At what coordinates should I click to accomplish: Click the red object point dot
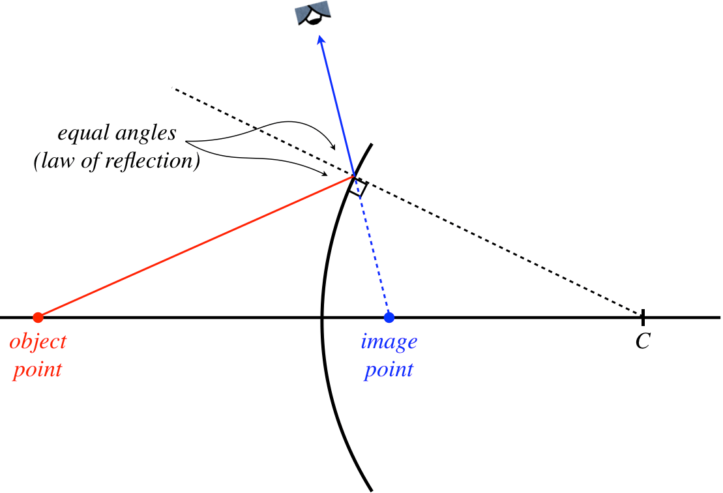[x=38, y=318]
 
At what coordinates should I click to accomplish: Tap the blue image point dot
[x=389, y=318]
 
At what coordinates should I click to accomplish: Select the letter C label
[x=643, y=342]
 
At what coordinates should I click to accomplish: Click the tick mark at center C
[x=643, y=318]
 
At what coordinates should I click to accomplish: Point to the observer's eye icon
[x=312, y=13]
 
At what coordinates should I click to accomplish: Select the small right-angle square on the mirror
[x=358, y=188]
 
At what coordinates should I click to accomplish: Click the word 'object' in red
[x=38, y=342]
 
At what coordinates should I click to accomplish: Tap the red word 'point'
[x=38, y=370]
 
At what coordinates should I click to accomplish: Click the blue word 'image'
[x=389, y=342]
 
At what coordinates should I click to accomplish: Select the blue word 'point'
[x=389, y=370]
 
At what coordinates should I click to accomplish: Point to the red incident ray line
[x=196, y=246]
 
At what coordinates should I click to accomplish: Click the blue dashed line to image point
[x=373, y=254]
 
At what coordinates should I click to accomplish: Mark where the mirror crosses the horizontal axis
[x=322, y=318]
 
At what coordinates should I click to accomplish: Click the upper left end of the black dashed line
[x=173, y=87]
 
